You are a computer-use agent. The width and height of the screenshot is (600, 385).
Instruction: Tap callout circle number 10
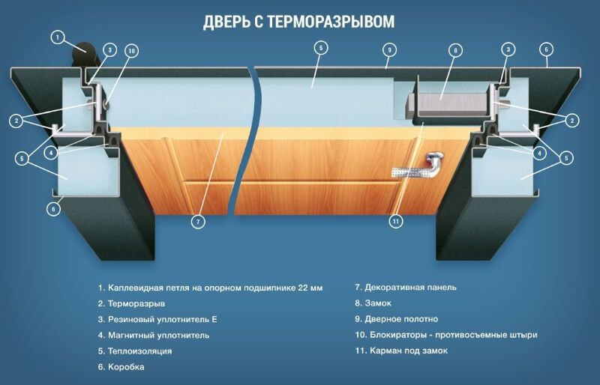click(x=132, y=51)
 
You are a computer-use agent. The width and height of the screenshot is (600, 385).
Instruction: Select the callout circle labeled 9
click(x=388, y=50)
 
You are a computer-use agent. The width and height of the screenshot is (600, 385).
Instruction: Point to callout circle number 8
click(x=454, y=51)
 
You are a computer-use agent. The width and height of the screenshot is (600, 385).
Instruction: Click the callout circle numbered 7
click(x=198, y=222)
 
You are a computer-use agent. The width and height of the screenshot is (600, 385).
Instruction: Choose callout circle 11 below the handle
click(x=397, y=221)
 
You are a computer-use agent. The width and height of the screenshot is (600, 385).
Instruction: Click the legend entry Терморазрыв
click(x=136, y=303)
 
